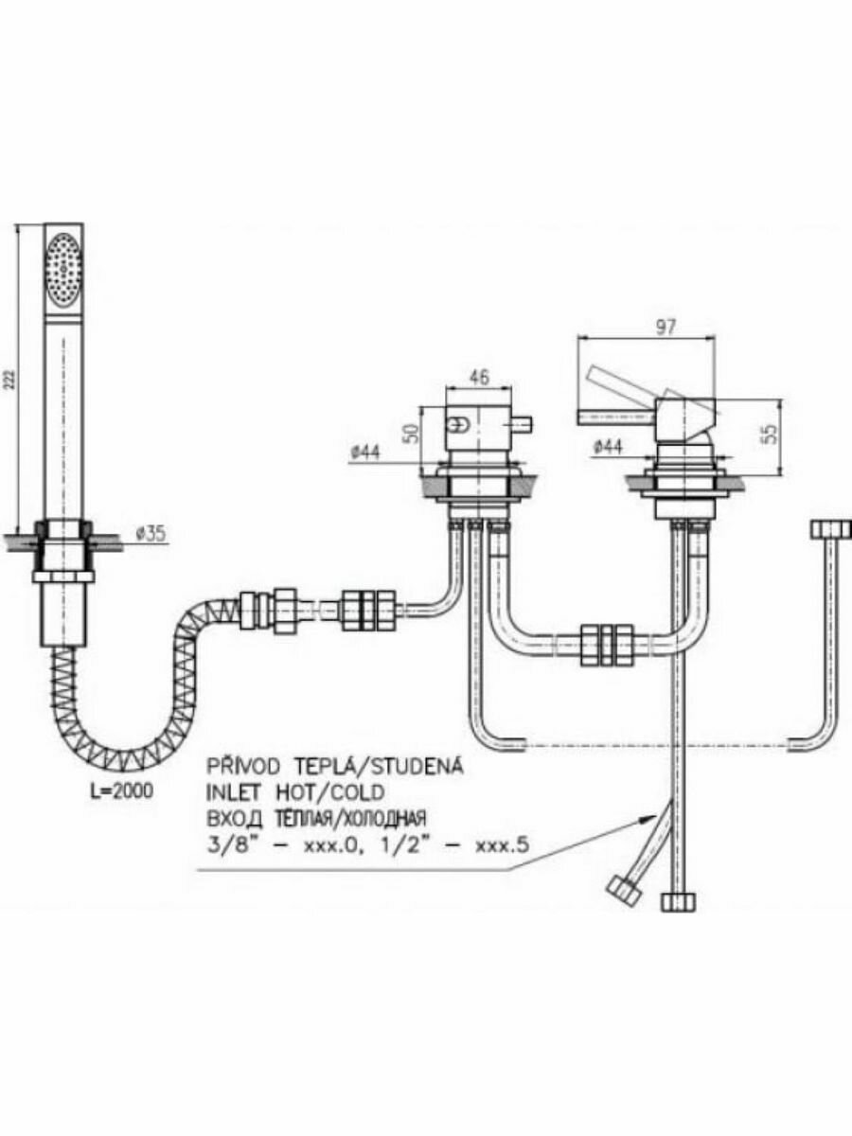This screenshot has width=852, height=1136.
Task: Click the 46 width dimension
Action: [480, 377]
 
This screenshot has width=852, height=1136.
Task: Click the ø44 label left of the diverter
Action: [365, 453]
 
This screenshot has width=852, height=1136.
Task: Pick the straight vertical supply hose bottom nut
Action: [678, 901]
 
